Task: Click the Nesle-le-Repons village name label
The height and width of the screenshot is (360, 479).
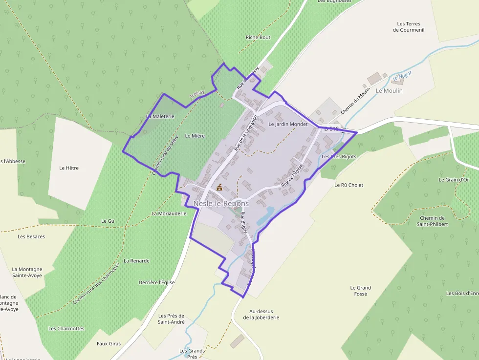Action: click(x=221, y=203)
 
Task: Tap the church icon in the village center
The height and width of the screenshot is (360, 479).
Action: click(x=219, y=187)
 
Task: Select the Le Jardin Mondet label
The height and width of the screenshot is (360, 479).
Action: click(x=288, y=124)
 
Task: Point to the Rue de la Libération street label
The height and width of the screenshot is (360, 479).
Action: click(x=245, y=133)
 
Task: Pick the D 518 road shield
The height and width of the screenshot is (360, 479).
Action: click(x=331, y=128)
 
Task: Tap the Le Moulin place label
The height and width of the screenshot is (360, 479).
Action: click(x=389, y=91)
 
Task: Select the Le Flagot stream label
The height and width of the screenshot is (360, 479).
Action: click(x=402, y=76)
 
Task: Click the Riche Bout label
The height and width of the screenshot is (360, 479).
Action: click(x=258, y=37)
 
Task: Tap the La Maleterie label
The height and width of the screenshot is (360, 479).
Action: click(x=160, y=116)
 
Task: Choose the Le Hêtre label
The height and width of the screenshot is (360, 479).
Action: click(x=69, y=168)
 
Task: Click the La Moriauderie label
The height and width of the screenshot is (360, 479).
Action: click(x=169, y=213)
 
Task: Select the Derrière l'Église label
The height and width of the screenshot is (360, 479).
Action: click(x=156, y=282)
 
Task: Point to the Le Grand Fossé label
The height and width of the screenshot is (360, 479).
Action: click(x=361, y=291)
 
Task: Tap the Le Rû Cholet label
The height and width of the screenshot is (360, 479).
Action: click(x=348, y=185)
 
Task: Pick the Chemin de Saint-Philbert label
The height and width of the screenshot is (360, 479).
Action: click(x=432, y=221)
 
